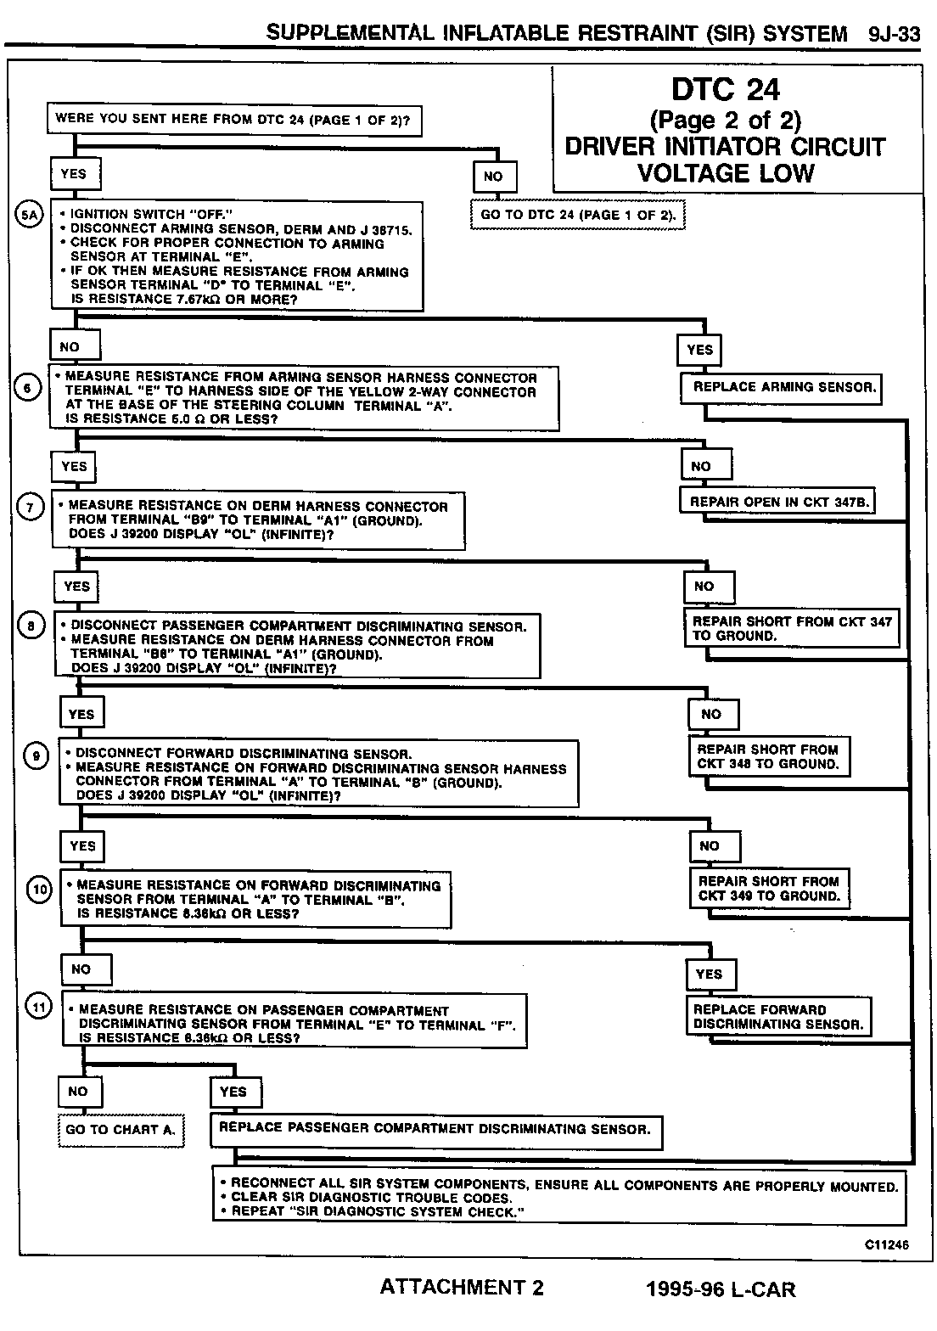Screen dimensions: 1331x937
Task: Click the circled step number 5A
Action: point(29,215)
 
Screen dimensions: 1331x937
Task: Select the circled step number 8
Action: point(31,626)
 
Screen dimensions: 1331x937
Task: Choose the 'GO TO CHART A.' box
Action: point(121,1130)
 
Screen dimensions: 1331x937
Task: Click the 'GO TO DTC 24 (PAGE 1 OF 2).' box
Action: point(578,215)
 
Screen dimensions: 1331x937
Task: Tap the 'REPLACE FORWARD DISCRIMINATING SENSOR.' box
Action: point(778,1017)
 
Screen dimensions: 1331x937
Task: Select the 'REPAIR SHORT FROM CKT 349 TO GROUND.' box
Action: point(769,889)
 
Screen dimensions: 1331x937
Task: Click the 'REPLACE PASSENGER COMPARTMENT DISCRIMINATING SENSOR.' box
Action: point(435,1130)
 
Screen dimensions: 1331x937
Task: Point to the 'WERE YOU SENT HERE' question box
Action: point(233,120)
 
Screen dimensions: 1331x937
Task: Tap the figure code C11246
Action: point(886,1244)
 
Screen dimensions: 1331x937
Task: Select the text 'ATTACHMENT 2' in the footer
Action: point(462,1288)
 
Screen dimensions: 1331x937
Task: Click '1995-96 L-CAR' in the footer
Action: point(721,1289)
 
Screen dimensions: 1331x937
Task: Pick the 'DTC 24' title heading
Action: point(726,89)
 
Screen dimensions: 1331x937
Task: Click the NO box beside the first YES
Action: point(493,177)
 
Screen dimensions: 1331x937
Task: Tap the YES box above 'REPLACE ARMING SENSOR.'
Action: point(700,350)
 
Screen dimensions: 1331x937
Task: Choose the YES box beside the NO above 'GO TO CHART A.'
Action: point(233,1092)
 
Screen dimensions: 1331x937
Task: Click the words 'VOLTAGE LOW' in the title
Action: point(726,173)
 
